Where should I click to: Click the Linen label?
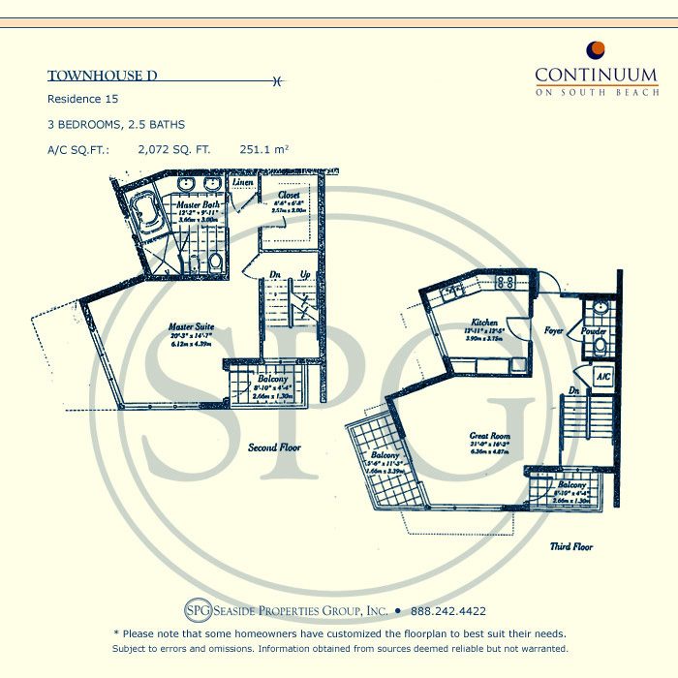[243, 182]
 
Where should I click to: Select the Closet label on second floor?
[287, 195]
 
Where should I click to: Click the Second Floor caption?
[275, 447]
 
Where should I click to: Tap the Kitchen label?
[484, 323]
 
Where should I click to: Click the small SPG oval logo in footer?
[197, 611]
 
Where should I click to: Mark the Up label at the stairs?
[306, 274]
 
